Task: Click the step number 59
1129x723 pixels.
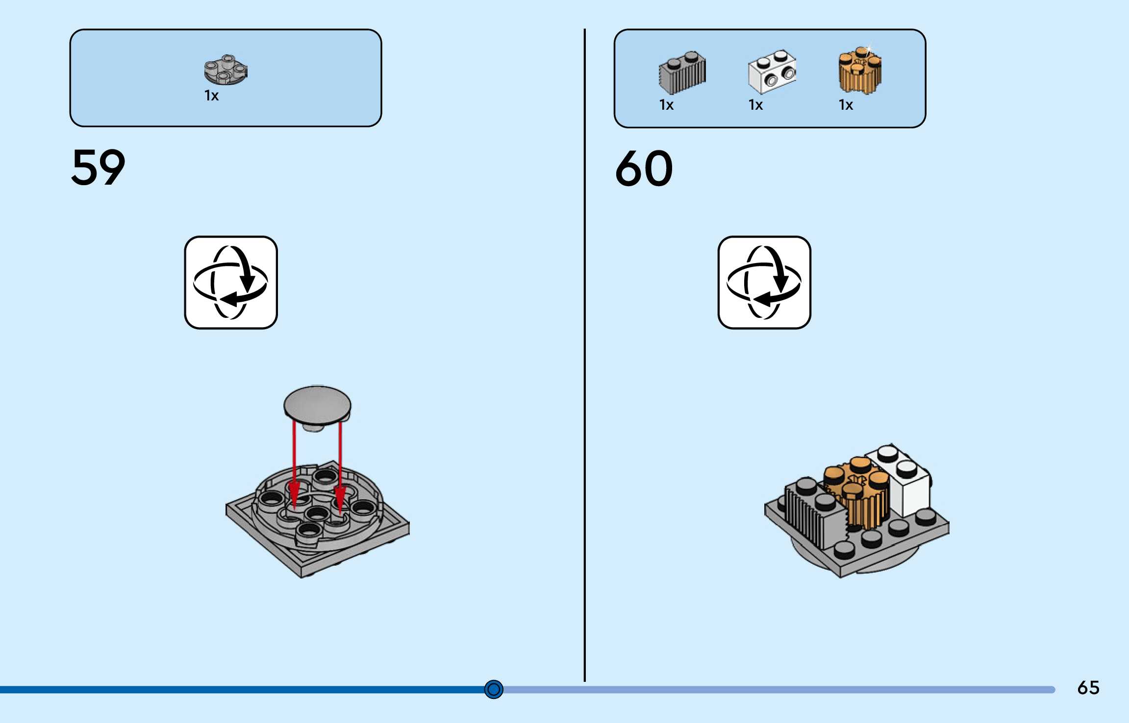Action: pos(98,168)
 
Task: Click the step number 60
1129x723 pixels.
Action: pos(644,169)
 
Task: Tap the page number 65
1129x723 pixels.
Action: pos(1088,688)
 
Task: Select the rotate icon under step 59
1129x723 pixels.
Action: pos(231,283)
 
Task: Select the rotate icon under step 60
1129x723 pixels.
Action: pos(764,283)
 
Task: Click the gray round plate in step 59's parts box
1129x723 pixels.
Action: pos(226,70)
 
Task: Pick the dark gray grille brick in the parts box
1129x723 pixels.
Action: pos(682,72)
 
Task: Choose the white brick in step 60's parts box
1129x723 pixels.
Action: pos(772,72)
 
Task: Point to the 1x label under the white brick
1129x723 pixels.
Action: pos(755,105)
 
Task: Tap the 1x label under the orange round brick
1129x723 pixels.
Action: pos(846,105)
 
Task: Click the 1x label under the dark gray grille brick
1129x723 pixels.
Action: pos(666,105)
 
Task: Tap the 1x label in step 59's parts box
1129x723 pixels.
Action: pos(211,96)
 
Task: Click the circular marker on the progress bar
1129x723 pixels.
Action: pos(494,689)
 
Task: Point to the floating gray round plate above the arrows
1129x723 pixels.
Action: pos(317,405)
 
